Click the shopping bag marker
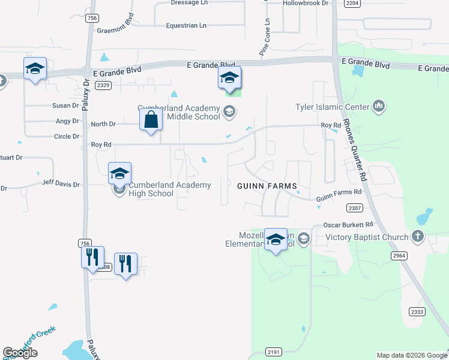[x=151, y=119]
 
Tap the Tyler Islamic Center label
[x=332, y=107]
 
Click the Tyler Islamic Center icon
[x=378, y=107]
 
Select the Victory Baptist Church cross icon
[x=418, y=236]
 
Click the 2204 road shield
[x=352, y=3]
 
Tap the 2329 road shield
[x=103, y=85]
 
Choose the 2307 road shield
[x=355, y=208]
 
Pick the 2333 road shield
[x=417, y=311]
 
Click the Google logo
[x=20, y=353]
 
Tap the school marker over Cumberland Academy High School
[x=119, y=174]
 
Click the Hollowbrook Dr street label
[x=306, y=3]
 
